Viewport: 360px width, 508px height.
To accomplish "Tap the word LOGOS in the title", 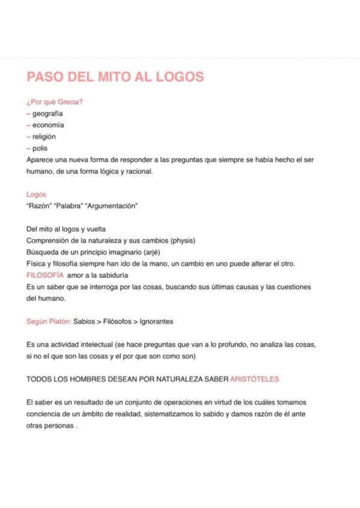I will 179,77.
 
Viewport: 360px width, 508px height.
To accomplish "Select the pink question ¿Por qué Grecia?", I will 55,102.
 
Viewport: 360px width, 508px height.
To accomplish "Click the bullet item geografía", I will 47,113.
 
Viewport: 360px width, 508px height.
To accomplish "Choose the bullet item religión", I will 44,137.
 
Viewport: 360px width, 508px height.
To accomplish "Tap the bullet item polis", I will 40,148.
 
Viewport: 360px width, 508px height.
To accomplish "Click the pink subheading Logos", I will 36,195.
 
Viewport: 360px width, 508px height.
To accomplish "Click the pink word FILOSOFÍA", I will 45,276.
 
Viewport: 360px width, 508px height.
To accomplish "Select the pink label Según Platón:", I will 49,322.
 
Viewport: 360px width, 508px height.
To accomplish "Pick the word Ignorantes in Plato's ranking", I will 156,322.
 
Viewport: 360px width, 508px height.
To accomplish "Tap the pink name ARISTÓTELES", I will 255,379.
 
